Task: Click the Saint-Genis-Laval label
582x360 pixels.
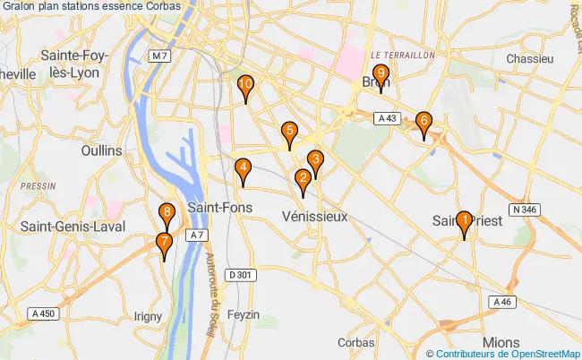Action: [70, 226]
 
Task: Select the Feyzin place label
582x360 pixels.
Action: [244, 314]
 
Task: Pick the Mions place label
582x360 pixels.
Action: [500, 342]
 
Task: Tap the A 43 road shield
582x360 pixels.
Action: [387, 118]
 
